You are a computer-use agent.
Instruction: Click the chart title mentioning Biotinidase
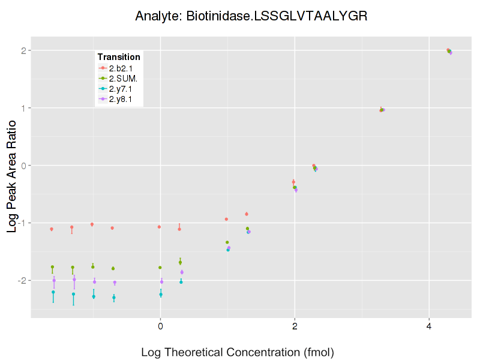pyautogui.click(x=251, y=16)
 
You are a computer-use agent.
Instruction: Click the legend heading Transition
pyautogui.click(x=119, y=57)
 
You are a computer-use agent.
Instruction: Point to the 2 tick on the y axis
pyautogui.click(x=25, y=50)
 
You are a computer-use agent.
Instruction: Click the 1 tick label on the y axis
pyautogui.click(x=25, y=108)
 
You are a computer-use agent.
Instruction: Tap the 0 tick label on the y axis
pyautogui.click(x=25, y=166)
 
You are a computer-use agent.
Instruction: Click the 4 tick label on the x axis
pyautogui.click(x=429, y=326)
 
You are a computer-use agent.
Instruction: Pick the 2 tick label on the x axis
pyautogui.click(x=295, y=326)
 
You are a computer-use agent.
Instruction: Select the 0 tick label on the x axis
pyautogui.click(x=160, y=326)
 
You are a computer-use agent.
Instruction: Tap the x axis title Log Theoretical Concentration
pyautogui.click(x=237, y=352)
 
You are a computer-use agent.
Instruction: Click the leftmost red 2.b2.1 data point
pyautogui.click(x=52, y=229)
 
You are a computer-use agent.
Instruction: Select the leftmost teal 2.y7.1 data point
pyautogui.click(x=53, y=292)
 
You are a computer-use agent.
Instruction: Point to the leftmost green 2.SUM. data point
pyautogui.click(x=52, y=267)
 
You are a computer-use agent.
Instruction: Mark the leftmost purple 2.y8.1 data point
pyautogui.click(x=54, y=280)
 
